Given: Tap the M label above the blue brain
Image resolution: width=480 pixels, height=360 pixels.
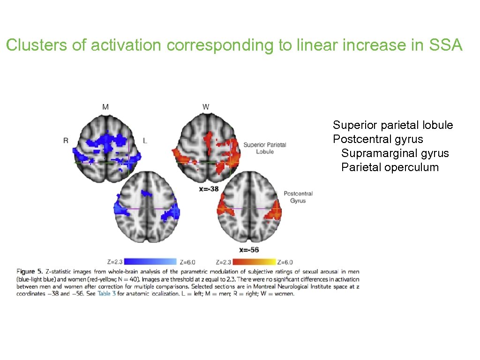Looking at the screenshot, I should (105, 107).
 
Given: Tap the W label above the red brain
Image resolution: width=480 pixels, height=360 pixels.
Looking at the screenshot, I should (206, 107).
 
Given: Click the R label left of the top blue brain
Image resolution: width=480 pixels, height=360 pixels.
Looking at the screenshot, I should (66, 140).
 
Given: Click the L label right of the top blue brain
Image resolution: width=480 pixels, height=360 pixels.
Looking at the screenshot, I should (145, 140).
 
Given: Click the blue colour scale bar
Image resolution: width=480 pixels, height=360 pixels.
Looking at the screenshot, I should (150, 262).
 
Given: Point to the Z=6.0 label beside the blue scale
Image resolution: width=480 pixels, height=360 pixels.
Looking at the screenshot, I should (187, 262).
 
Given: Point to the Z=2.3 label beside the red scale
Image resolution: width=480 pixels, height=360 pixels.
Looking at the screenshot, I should (224, 262).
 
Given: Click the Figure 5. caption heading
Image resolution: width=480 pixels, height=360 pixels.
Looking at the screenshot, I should (30, 271).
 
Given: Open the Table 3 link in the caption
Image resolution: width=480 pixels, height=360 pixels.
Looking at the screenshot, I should (106, 294).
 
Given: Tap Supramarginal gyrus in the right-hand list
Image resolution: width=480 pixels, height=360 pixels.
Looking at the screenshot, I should (395, 153).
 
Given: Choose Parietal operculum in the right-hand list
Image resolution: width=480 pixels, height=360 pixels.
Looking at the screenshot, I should (390, 167).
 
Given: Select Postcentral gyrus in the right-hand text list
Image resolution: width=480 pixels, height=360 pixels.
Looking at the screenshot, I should (378, 139).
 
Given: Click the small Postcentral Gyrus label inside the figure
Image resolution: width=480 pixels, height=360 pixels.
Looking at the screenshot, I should (298, 197).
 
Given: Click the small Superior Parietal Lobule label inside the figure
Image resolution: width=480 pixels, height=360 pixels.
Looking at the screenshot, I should (265, 148).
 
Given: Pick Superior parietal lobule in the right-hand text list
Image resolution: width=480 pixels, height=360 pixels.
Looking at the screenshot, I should (393, 125).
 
